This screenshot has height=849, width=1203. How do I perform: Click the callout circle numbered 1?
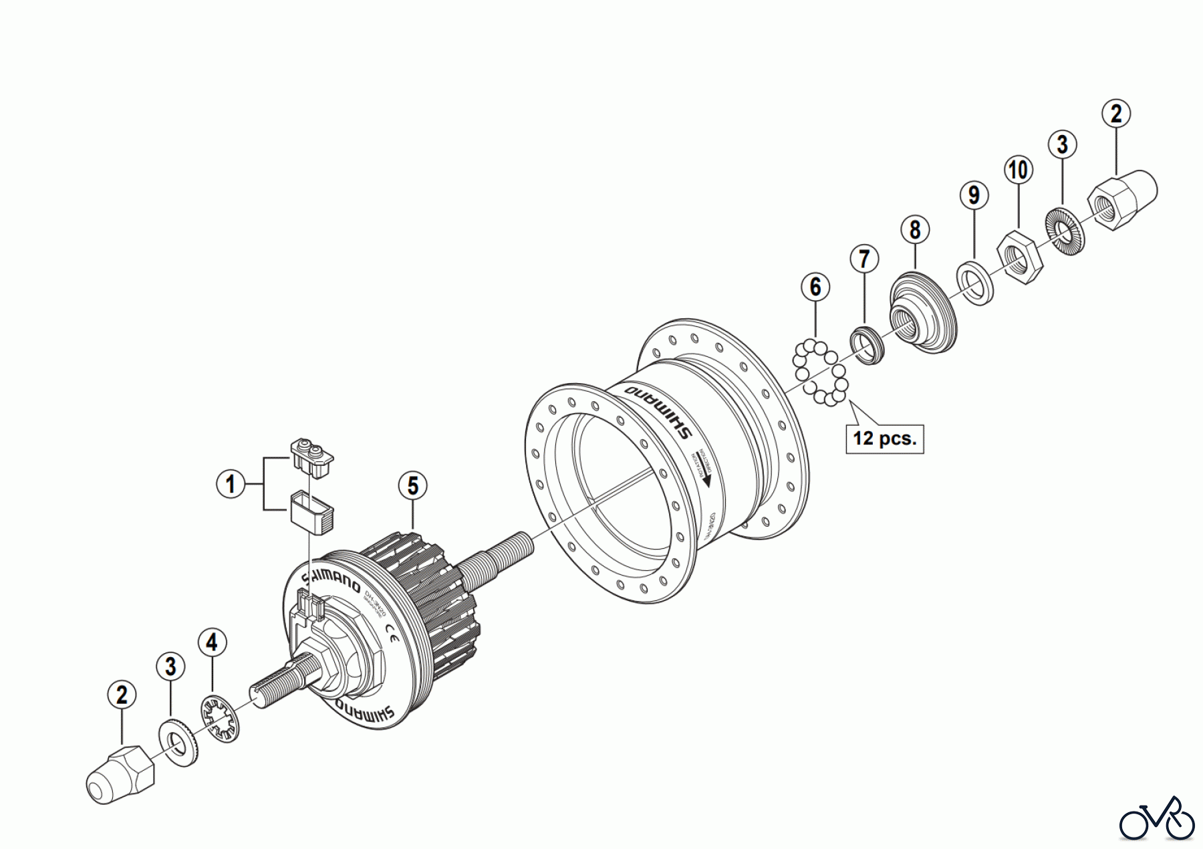[x=231, y=483]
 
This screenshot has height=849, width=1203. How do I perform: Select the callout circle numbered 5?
[x=413, y=486]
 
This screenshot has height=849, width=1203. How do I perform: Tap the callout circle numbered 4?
[x=212, y=643]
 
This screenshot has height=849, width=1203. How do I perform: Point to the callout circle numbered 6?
[x=815, y=287]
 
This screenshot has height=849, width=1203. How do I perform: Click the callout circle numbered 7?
[x=864, y=259]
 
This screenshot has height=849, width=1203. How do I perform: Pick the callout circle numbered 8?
[x=915, y=230]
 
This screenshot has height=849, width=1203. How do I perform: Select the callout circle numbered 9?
[x=974, y=195]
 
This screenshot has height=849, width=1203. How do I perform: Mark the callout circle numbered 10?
[x=1018, y=170]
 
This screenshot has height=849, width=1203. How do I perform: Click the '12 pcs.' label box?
[x=884, y=439]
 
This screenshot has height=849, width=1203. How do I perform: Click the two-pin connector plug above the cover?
[x=313, y=457]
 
